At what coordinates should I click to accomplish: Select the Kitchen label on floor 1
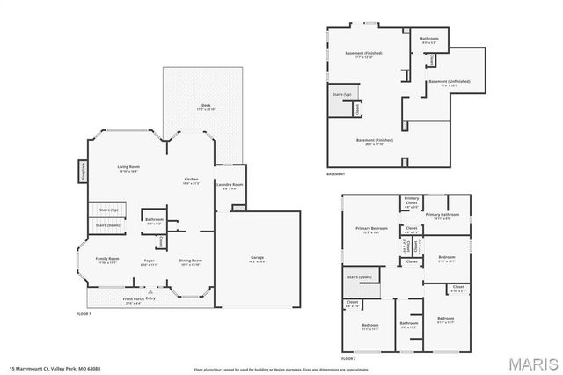pyautogui.click(x=191, y=180)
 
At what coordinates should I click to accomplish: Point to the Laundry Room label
pyautogui.click(x=232, y=185)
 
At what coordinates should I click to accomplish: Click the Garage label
pyautogui.click(x=257, y=258)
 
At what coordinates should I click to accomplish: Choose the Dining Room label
pyautogui.click(x=191, y=261)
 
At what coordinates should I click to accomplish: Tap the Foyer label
pyautogui.click(x=150, y=261)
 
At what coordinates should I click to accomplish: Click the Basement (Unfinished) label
pyautogui.click(x=450, y=82)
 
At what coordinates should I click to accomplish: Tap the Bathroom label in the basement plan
pyautogui.click(x=429, y=40)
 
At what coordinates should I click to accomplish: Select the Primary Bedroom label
pyautogui.click(x=371, y=230)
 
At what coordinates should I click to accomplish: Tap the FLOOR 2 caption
pyautogui.click(x=348, y=359)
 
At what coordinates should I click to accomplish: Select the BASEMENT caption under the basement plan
pyautogui.click(x=335, y=174)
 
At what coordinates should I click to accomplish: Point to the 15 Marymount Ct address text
pyautogui.click(x=43, y=369)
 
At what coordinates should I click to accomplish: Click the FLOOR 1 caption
pyautogui.click(x=84, y=313)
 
